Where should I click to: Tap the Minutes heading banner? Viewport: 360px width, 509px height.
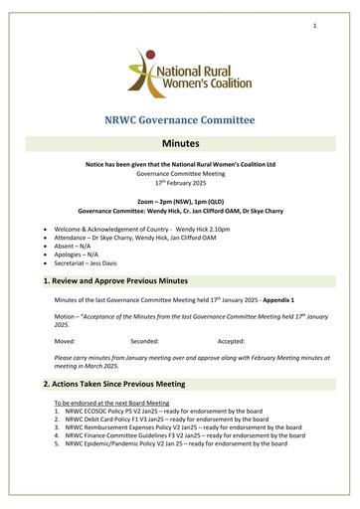[x=180, y=143]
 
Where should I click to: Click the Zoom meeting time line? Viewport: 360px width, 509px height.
[x=180, y=201]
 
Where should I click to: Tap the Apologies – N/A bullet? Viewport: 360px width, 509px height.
[x=92, y=254]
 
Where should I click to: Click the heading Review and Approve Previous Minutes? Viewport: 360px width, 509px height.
[x=129, y=282]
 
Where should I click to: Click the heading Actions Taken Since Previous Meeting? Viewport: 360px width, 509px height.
[x=132, y=383]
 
